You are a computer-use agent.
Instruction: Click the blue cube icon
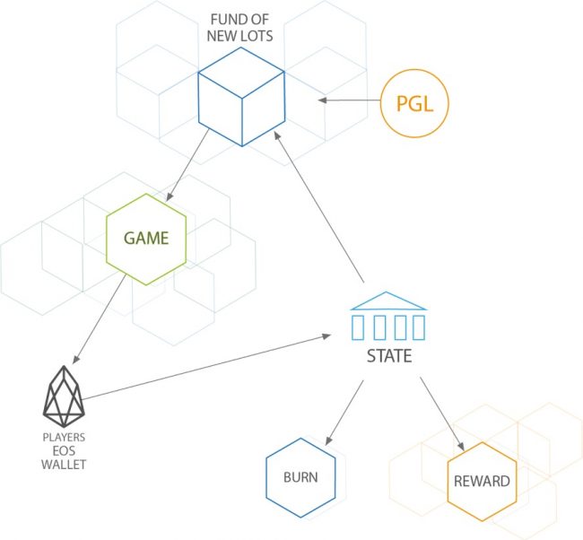241,98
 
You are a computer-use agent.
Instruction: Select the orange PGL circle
414,104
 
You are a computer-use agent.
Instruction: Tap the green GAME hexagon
146,238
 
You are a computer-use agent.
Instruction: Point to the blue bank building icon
388,315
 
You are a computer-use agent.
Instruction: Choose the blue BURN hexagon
300,479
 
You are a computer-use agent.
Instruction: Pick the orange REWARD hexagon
481,481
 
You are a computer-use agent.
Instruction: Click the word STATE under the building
388,356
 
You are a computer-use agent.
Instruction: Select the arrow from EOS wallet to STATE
206,367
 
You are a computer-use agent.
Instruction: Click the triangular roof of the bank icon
388,300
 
